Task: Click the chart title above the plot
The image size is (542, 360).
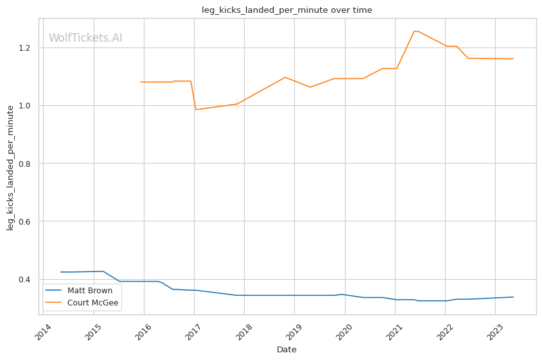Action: pos(286,10)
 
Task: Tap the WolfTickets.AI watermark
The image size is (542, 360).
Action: pos(85,39)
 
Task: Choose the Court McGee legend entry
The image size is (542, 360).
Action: pos(92,303)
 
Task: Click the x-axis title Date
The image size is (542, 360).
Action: pos(286,350)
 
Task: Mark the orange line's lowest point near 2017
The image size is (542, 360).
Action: pos(196,110)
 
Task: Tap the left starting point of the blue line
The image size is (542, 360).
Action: pos(60,272)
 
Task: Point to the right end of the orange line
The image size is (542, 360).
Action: pos(513,59)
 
